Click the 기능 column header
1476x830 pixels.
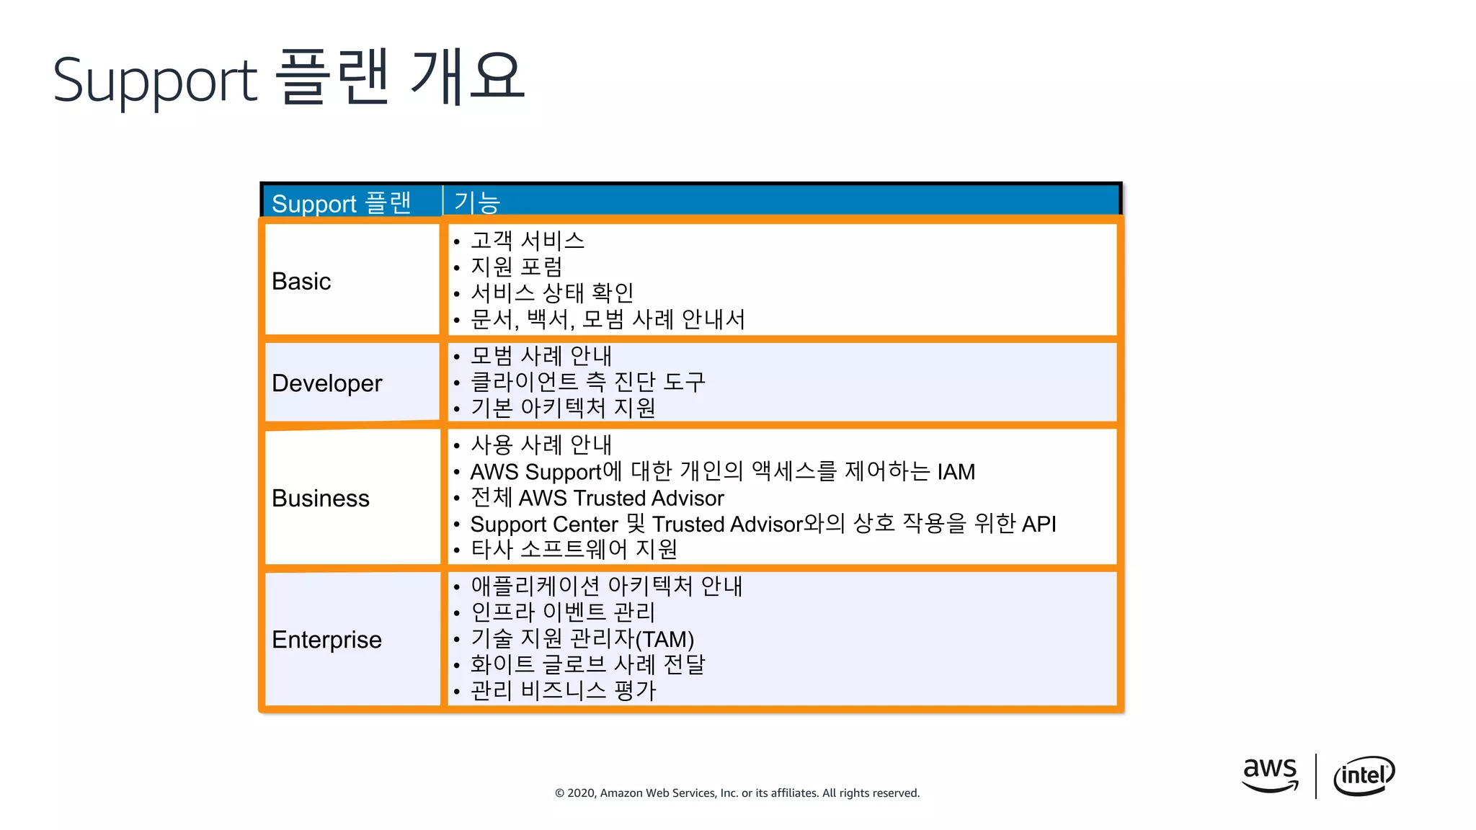(476, 202)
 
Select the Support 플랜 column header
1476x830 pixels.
(341, 203)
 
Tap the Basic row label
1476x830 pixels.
(301, 281)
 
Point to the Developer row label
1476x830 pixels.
(326, 383)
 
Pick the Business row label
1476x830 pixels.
(320, 499)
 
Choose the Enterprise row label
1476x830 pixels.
(326, 640)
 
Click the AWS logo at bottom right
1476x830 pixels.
(1270, 775)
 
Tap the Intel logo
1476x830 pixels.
(1364, 775)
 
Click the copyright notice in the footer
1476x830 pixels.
(737, 793)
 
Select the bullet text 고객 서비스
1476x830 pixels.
(527, 241)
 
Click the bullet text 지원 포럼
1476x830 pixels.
(516, 267)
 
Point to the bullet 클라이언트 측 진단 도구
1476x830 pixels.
(587, 382)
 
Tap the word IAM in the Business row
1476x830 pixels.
(956, 472)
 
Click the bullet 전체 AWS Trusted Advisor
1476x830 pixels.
(597, 498)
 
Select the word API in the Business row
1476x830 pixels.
(1039, 524)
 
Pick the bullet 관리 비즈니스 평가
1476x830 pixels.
(563, 691)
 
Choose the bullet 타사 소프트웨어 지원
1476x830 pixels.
(574, 550)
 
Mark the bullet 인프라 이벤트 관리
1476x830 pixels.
(563, 612)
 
